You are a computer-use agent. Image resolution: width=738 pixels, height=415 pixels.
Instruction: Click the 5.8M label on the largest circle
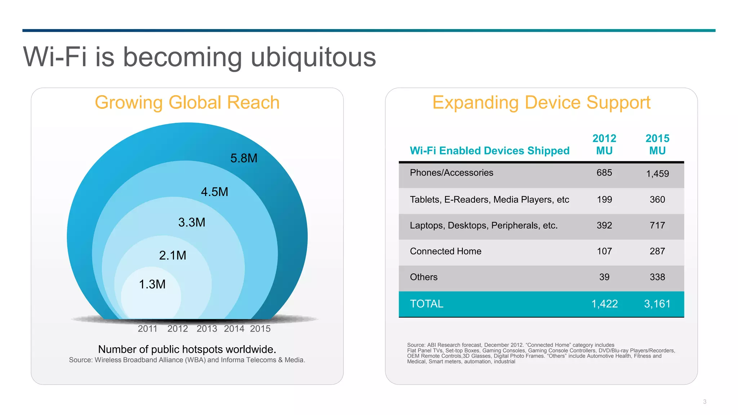tap(244, 158)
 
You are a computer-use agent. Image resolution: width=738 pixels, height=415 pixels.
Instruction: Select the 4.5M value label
tap(214, 192)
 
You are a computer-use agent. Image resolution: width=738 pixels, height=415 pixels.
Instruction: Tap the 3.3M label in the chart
tap(192, 222)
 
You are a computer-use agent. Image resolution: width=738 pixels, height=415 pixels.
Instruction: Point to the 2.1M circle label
tap(173, 255)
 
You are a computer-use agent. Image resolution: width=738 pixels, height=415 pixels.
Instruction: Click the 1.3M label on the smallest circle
tap(152, 284)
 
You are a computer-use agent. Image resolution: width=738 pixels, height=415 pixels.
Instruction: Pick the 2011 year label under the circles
tap(147, 329)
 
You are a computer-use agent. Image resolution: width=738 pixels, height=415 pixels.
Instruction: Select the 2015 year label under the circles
tap(260, 329)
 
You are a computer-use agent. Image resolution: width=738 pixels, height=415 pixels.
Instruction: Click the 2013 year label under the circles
tap(207, 329)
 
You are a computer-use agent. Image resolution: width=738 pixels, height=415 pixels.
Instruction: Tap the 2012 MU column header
tap(604, 144)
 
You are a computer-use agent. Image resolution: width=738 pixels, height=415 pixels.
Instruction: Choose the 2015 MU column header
tap(657, 144)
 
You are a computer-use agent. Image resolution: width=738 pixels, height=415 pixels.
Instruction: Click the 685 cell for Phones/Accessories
tap(604, 173)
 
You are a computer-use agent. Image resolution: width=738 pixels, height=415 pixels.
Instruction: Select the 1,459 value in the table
tap(657, 174)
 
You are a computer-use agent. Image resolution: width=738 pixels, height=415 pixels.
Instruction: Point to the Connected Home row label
tap(445, 251)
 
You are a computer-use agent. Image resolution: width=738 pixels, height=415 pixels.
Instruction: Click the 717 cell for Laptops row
tap(657, 225)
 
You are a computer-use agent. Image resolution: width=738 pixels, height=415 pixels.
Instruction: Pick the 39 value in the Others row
tap(604, 277)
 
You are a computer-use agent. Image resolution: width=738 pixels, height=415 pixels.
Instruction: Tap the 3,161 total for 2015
tap(657, 304)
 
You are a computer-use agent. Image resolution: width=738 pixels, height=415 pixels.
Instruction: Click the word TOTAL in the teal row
tap(427, 304)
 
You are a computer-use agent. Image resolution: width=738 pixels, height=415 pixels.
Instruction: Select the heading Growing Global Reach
tap(187, 102)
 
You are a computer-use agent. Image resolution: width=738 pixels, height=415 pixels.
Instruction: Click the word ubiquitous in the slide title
tap(313, 57)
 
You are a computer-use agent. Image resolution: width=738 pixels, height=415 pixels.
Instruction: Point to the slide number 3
tap(704, 402)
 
